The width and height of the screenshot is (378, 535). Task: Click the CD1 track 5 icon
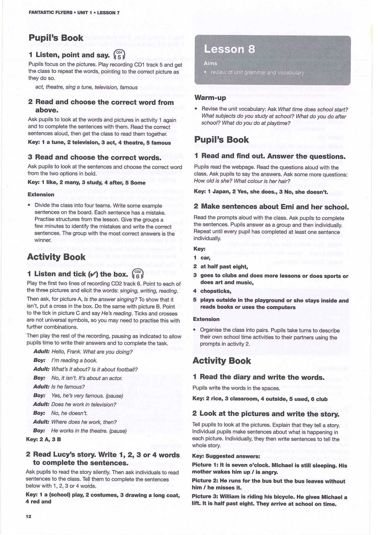119,55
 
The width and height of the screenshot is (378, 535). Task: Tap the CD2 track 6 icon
138,274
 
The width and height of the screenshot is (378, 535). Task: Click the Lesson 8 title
229,49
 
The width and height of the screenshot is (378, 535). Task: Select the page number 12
28,516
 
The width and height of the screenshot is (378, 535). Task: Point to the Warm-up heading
210,98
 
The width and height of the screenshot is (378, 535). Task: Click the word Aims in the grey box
210,63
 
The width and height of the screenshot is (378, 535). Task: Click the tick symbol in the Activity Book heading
92,274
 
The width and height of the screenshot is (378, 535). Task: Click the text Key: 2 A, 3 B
43,439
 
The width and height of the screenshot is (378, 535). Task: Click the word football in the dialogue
127,369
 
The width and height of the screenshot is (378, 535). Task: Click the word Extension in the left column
41,194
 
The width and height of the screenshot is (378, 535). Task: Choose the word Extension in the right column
206,319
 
